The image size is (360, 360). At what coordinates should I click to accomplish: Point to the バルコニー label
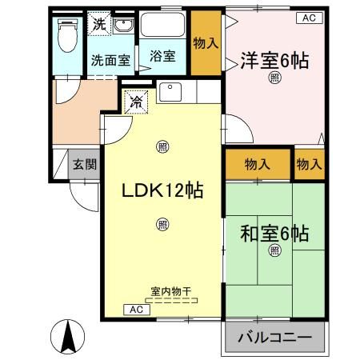(274, 338)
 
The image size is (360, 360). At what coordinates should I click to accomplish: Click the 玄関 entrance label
(85, 166)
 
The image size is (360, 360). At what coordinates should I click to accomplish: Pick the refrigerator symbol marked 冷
(135, 102)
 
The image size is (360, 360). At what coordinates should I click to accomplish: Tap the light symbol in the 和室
(275, 251)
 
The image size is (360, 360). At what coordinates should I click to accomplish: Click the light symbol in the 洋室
(275, 78)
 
